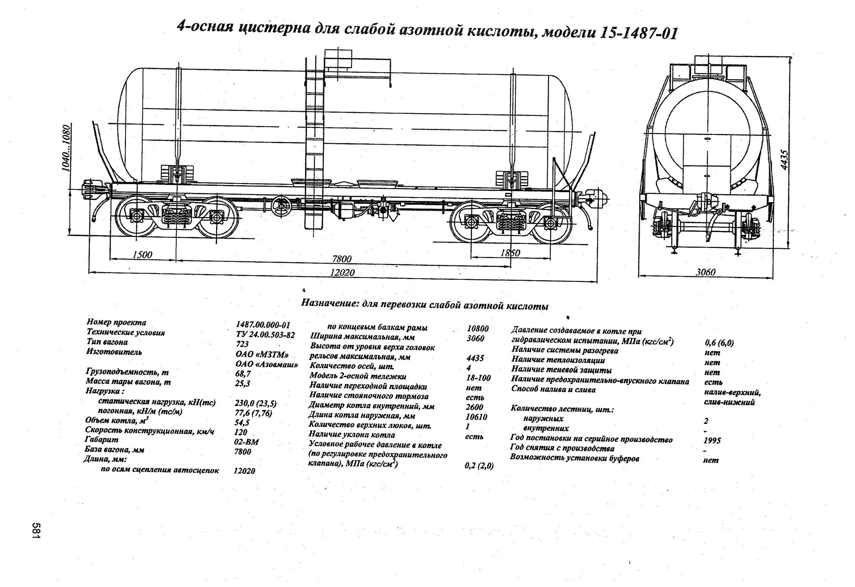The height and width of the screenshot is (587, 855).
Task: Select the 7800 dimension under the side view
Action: pyautogui.click(x=342, y=259)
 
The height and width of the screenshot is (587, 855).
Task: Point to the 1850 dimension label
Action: pyautogui.click(x=510, y=253)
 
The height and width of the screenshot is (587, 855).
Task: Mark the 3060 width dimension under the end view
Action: pyautogui.click(x=705, y=272)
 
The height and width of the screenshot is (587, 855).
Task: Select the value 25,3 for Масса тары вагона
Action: pyautogui.click(x=243, y=383)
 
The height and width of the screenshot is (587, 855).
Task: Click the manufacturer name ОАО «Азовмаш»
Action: pyautogui.click(x=266, y=364)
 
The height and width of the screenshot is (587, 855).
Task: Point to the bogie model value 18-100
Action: pyautogui.click(x=478, y=378)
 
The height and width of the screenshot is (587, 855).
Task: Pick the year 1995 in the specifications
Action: pyautogui.click(x=712, y=440)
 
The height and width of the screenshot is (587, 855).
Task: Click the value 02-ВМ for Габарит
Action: pyautogui.click(x=246, y=442)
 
